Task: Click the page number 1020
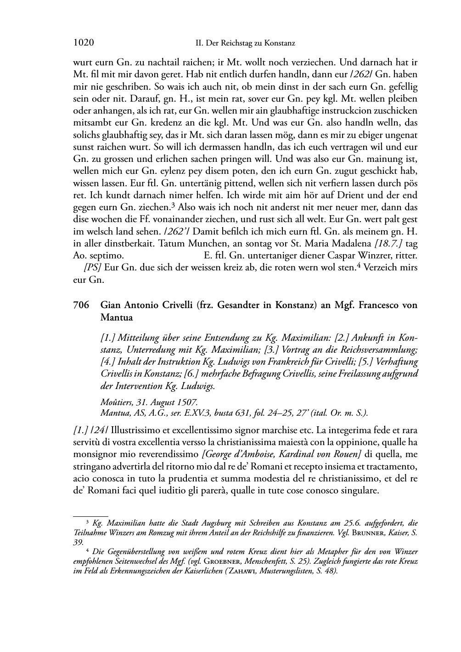tap(84, 43)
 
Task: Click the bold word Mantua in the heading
tap(116, 317)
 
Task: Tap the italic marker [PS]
tap(92, 268)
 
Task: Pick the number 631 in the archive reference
tap(254, 412)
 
